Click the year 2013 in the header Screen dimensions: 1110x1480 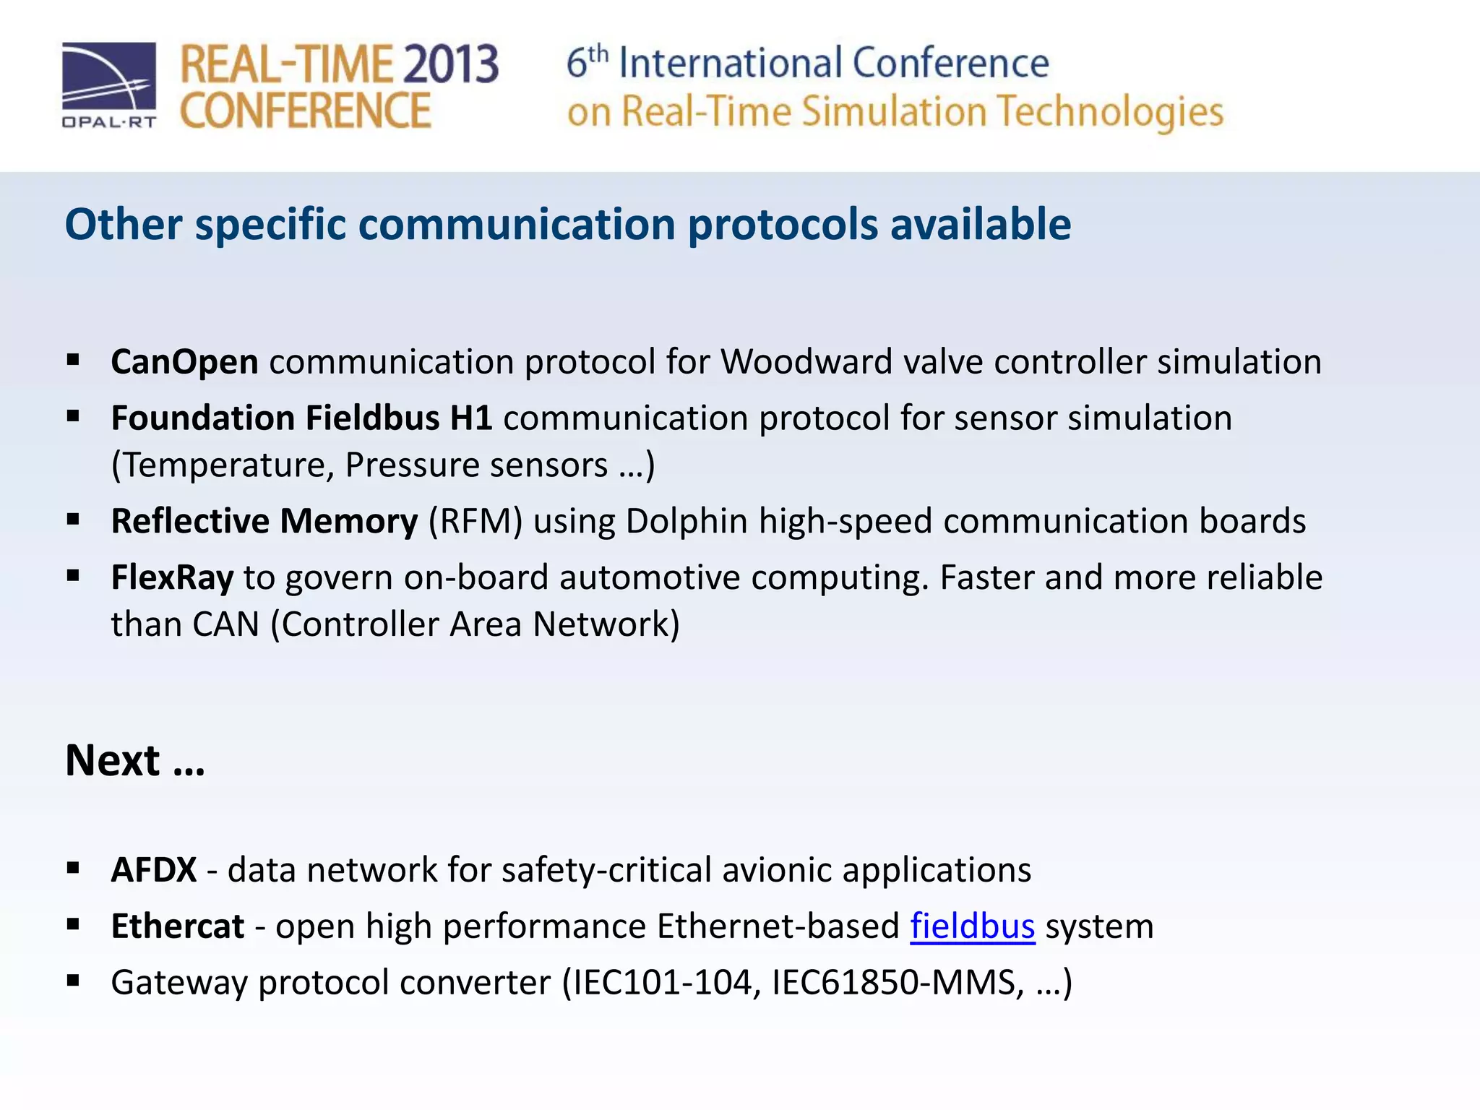pos(450,65)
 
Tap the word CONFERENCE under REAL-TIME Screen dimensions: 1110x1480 pos(305,111)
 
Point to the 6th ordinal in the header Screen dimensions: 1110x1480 pos(587,62)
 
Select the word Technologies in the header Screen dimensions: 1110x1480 pos(1110,113)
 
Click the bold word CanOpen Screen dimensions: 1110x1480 pos(184,361)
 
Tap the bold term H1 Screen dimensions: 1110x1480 pos(470,418)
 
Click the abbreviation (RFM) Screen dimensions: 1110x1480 pos(476,521)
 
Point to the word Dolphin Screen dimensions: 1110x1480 pos(687,521)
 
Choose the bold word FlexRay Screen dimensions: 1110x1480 pos(172,577)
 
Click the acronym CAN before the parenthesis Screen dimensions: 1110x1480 pos(225,624)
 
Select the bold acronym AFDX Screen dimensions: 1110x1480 pos(153,869)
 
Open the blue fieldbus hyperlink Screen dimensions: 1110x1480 pos(972,926)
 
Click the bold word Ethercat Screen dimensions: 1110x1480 pos(178,926)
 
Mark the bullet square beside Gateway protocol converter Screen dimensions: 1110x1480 pos(73,981)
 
